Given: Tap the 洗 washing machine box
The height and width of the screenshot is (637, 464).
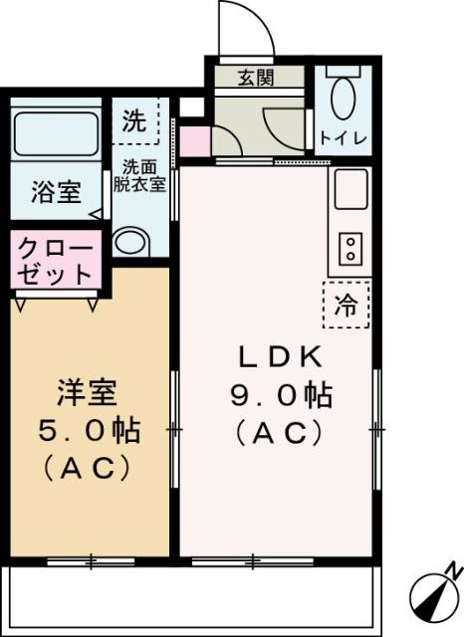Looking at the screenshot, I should [x=133, y=121].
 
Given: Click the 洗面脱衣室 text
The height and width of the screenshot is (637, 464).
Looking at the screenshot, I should [x=143, y=176].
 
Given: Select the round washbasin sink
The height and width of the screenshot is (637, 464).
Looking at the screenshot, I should [x=129, y=242].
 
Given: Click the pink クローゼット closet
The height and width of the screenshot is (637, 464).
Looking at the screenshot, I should [x=55, y=260].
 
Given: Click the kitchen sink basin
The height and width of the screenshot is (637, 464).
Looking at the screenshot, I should [x=350, y=190].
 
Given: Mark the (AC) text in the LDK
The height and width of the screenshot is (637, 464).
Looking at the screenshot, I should [x=278, y=433].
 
